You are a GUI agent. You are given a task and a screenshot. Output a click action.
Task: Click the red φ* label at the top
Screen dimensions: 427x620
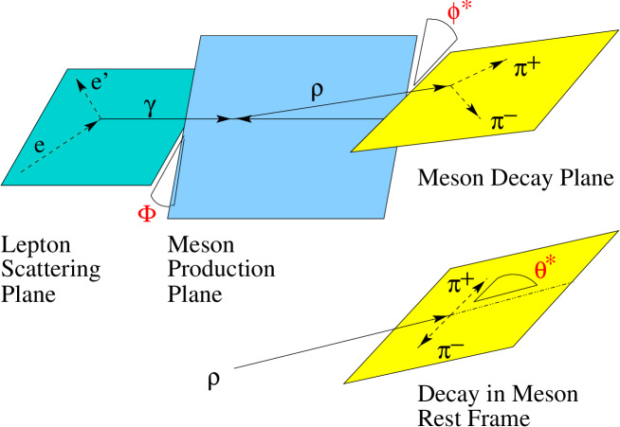pyautogui.click(x=460, y=14)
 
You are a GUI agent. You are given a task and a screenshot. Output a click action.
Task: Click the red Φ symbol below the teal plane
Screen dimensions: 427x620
pyautogui.click(x=147, y=213)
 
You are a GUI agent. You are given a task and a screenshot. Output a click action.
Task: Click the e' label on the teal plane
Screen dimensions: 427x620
pyautogui.click(x=99, y=80)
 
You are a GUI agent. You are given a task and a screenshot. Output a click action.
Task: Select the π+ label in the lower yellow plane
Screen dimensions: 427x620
pyautogui.click(x=462, y=284)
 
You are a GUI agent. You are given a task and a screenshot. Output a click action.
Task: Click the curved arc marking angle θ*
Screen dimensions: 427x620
pyautogui.click(x=507, y=279)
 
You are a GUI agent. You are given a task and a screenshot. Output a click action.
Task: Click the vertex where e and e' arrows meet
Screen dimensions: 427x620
pyautogui.click(x=99, y=119)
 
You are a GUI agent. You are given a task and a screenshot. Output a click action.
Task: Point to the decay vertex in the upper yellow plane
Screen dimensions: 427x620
pyautogui.click(x=449, y=88)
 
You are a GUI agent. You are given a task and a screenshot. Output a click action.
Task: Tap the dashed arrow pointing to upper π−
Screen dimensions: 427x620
pyautogui.click(x=465, y=103)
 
